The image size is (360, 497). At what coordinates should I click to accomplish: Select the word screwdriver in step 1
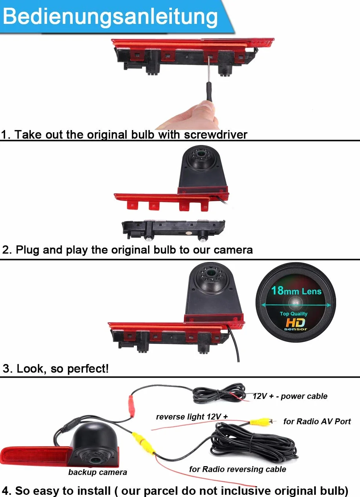[216, 135]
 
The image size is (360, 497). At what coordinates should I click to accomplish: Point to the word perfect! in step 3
[88, 368]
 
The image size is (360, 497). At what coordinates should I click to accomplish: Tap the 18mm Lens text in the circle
[296, 291]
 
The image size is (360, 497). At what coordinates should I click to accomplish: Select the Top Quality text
[294, 314]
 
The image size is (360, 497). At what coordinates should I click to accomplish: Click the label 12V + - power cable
[290, 396]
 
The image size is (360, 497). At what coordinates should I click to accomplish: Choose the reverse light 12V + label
[192, 417]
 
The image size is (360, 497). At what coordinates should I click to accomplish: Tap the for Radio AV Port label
[317, 421]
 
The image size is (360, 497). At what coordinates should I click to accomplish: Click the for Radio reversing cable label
[237, 469]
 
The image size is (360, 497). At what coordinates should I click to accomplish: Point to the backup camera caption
[98, 472]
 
